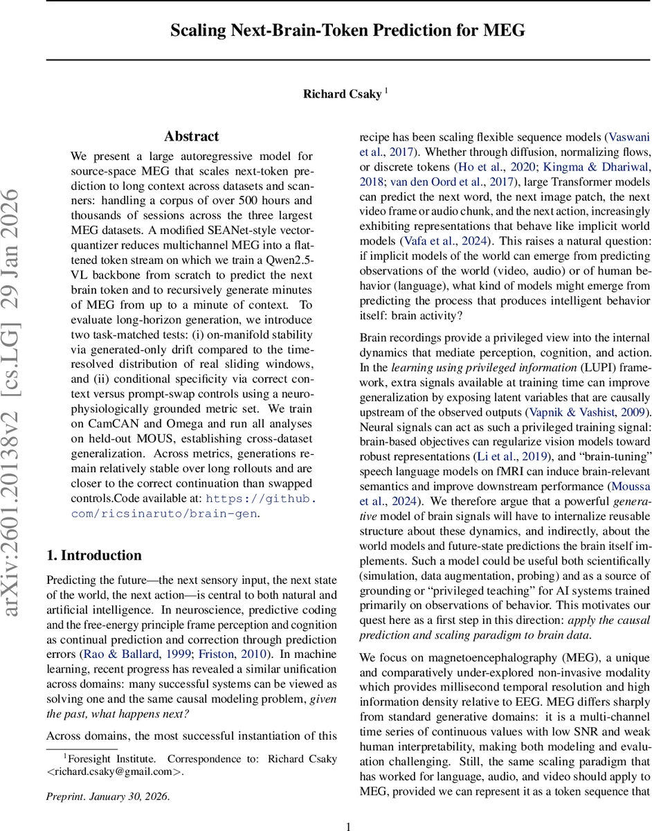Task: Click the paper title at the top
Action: coord(348,30)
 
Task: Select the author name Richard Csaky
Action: coord(342,94)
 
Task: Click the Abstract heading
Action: coord(191,136)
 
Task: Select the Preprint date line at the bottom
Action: coord(107,796)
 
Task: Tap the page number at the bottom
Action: coord(348,825)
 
